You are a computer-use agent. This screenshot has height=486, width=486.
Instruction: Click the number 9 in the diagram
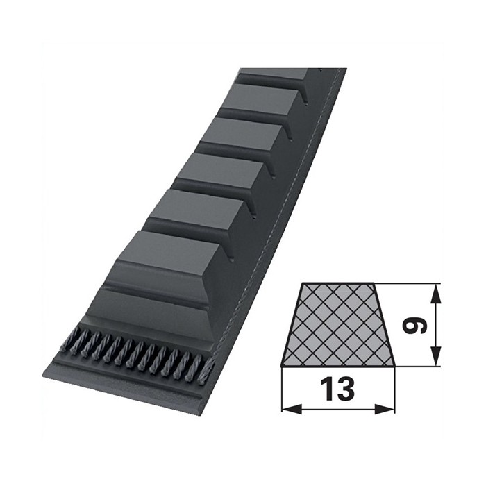coord(417,324)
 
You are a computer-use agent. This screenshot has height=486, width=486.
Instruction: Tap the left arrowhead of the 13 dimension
coord(287,409)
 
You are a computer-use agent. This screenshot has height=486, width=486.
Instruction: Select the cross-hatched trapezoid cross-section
coord(338,324)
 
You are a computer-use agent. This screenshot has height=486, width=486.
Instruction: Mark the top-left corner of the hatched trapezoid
coord(303,284)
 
